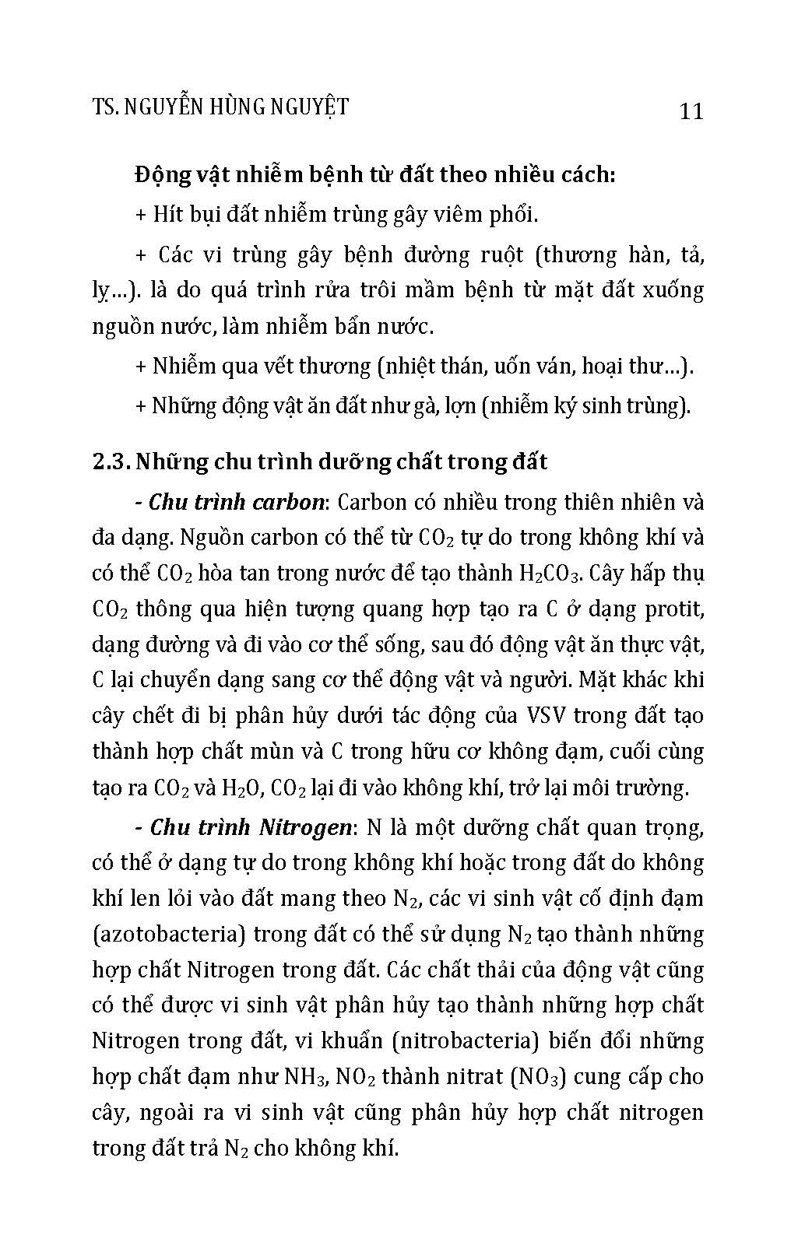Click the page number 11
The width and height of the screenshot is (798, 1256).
(x=691, y=111)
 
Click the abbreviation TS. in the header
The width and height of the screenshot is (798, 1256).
(x=104, y=107)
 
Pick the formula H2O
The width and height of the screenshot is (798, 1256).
(x=242, y=788)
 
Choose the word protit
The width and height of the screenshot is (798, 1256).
(x=675, y=609)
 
